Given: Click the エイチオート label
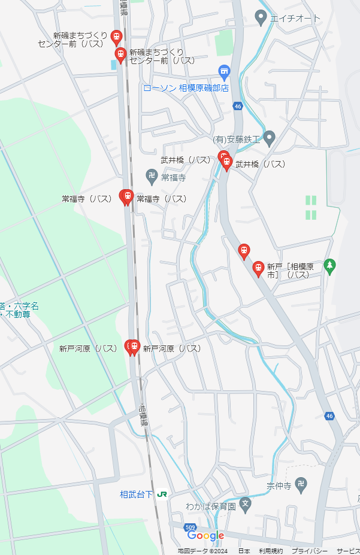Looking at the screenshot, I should tap(295, 19).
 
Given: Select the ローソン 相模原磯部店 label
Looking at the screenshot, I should tap(186, 88).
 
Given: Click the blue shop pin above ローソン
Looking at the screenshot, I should tap(224, 72).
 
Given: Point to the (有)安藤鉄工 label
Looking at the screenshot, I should tap(237, 139).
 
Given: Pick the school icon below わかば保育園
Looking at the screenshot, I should tap(244, 504).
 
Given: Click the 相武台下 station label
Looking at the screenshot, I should tap(136, 495).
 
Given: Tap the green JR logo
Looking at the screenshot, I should tap(162, 495).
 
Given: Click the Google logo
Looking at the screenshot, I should tap(205, 536).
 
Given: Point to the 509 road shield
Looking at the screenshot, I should tap(190, 527).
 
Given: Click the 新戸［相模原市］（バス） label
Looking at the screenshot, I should tap(288, 271).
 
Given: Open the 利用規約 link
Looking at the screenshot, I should tap(271, 551).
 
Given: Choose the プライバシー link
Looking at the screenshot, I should tap(309, 551).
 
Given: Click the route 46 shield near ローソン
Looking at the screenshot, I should tap(238, 106).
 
